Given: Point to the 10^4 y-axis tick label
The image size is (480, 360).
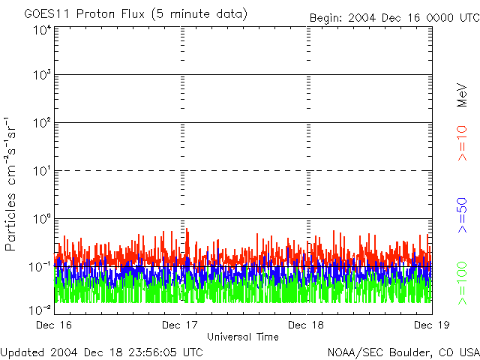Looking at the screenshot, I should coord(41,30).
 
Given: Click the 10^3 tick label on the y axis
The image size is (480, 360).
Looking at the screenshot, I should coord(41,76).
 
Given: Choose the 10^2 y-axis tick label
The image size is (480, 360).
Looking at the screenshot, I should coord(41,124).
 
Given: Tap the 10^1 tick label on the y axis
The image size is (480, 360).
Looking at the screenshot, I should coord(41,172).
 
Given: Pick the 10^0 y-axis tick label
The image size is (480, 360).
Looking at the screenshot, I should coord(41,220).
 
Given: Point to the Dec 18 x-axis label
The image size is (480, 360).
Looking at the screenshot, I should coord(307,325).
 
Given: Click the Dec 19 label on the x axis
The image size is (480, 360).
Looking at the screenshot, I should coord(431,325).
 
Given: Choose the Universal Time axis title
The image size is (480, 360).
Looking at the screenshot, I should coord(243,337).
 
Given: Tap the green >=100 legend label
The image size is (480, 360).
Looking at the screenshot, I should coord(462,282).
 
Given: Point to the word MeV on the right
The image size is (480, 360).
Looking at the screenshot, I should coord(462,94).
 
